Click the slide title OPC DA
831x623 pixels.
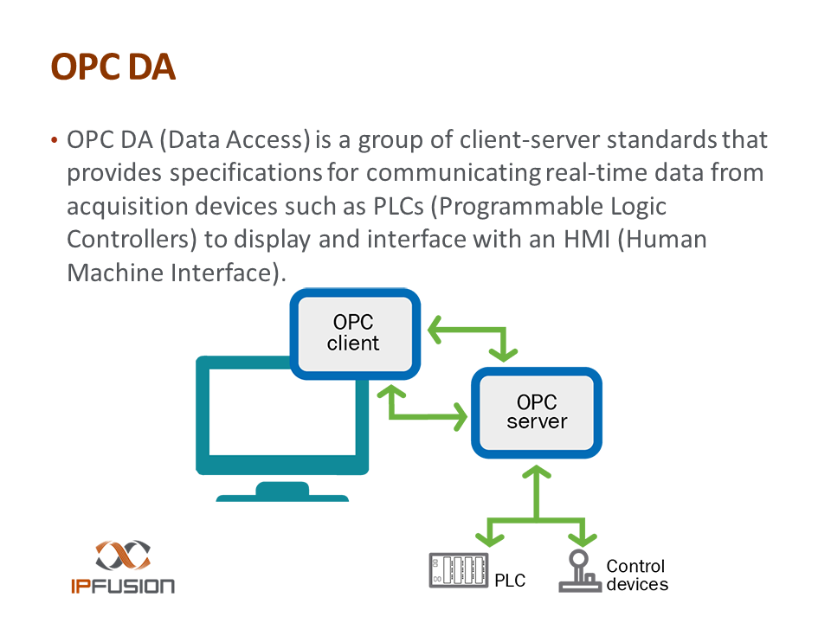[113, 67]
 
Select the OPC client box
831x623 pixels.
[355, 334]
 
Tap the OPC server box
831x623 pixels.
[537, 413]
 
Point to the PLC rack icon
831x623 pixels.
[458, 571]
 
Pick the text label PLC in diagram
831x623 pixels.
[510, 581]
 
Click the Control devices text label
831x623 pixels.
[637, 575]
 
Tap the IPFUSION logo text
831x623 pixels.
[122, 586]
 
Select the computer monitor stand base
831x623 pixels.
[282, 496]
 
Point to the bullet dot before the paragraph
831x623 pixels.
[55, 140]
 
